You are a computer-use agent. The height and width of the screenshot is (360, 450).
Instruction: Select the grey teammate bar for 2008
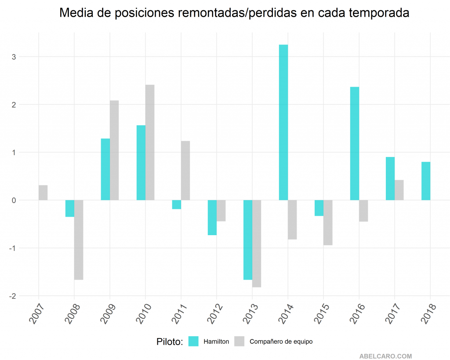(79, 240)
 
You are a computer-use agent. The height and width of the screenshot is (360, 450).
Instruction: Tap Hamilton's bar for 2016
(355, 143)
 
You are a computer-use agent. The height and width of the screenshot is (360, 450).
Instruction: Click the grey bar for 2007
(43, 193)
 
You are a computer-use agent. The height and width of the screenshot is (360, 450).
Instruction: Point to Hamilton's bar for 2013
(248, 240)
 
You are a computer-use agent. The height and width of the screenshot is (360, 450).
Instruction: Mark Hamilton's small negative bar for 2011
(177, 204)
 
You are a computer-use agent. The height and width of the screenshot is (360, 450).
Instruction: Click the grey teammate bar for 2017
(399, 190)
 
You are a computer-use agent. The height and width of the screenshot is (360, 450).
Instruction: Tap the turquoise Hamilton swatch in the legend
(193, 341)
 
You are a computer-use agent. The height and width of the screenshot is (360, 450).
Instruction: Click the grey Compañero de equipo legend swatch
(239, 341)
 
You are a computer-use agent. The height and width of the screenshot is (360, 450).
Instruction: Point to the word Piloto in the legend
(169, 342)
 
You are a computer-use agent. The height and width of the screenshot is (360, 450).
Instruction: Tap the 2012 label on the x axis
(215, 313)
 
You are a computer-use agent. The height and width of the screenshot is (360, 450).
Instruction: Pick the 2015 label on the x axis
(322, 313)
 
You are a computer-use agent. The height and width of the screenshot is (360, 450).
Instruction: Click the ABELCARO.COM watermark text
(385, 356)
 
